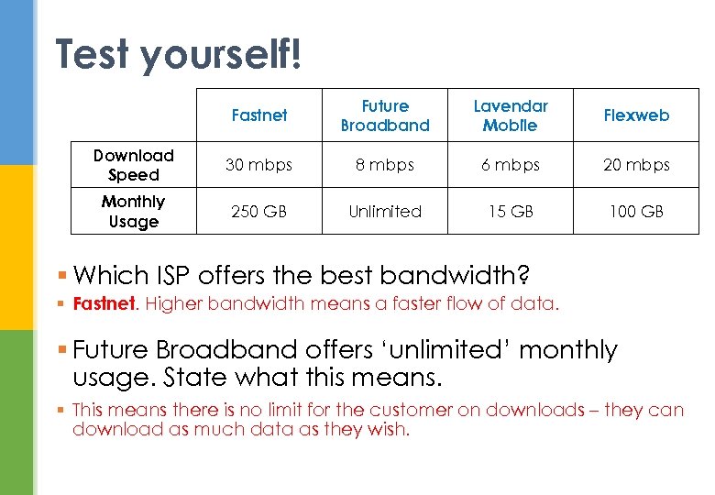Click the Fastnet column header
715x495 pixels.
(x=259, y=115)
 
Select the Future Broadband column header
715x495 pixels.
(x=385, y=115)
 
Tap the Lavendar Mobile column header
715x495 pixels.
(x=511, y=115)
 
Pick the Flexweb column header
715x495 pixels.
(x=636, y=115)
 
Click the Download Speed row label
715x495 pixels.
(x=134, y=165)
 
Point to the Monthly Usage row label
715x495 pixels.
(x=134, y=211)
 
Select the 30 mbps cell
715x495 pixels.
(x=259, y=165)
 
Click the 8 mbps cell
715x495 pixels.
(x=385, y=165)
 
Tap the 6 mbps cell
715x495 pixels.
(x=511, y=165)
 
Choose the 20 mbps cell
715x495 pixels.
(x=636, y=165)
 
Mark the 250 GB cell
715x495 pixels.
(x=259, y=211)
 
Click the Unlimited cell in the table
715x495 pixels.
(x=385, y=211)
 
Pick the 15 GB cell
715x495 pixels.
(x=511, y=211)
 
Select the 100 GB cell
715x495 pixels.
(x=636, y=211)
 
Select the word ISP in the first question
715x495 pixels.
(x=179, y=274)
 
